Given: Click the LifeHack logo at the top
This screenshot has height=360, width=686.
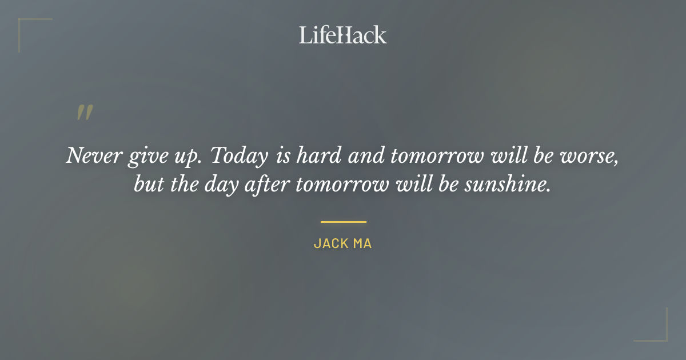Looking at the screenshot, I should click(342, 35).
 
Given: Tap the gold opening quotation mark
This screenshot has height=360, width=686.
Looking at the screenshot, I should click(85, 113).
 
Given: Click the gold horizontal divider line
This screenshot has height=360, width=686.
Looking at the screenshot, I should click(343, 222).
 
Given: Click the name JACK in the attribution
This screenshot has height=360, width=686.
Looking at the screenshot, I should click(331, 243).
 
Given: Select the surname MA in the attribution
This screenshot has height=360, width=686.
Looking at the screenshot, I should click(363, 243).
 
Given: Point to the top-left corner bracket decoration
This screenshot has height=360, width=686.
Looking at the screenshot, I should click(29, 29).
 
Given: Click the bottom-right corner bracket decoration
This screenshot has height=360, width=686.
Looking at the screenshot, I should click(657, 331).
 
